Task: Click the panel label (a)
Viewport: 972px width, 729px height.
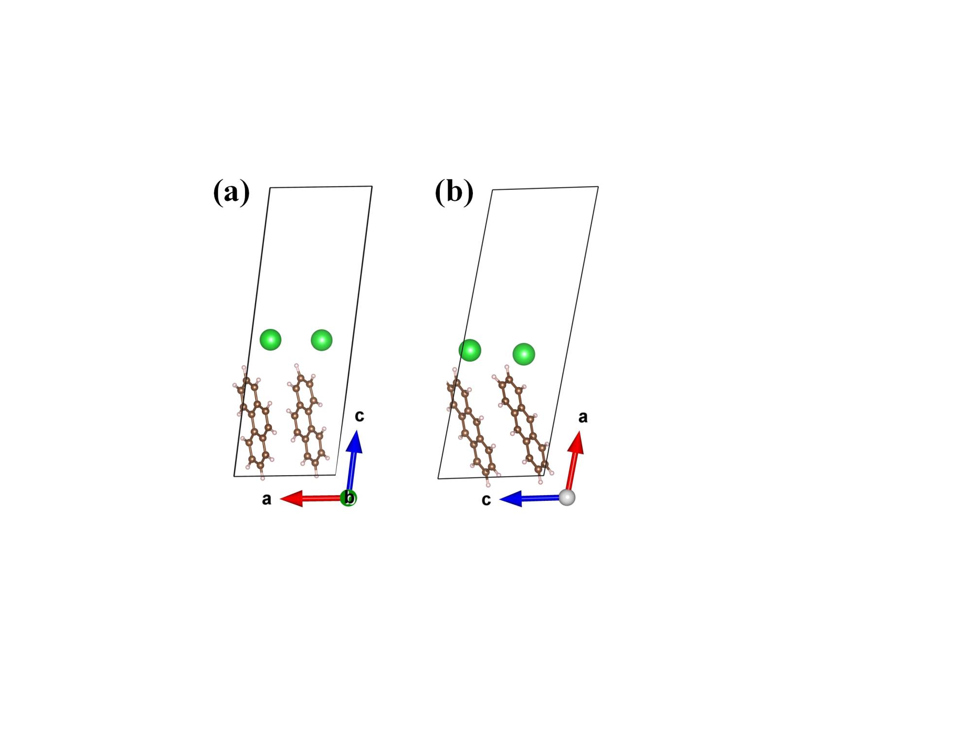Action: point(231,192)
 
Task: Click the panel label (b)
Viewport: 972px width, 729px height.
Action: point(454,192)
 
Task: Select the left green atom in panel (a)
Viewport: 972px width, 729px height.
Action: point(270,339)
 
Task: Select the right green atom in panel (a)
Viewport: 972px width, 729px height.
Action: point(321,340)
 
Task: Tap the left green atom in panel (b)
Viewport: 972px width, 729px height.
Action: point(470,350)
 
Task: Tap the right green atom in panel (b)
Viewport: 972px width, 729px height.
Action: point(523,354)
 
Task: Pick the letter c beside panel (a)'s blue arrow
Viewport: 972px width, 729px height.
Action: point(359,416)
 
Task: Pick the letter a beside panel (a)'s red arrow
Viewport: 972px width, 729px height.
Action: point(266,499)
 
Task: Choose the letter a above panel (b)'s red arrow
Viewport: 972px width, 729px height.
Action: point(583,417)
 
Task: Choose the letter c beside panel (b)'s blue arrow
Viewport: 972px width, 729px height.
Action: point(486,499)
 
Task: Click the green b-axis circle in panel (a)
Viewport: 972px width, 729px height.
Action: point(348,498)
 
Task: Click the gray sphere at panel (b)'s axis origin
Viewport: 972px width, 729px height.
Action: point(567,498)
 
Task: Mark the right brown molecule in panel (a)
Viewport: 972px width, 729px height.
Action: point(308,419)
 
